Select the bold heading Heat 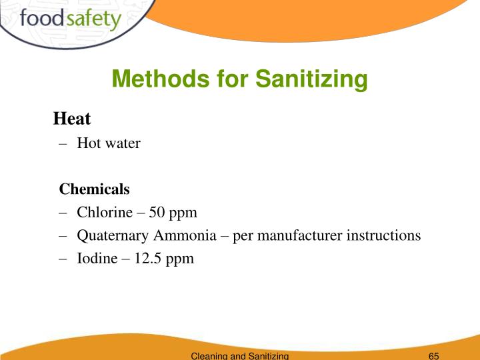click(71, 119)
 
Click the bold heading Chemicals click(95, 189)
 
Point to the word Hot click(88, 143)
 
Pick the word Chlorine click(102, 213)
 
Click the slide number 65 click(433, 355)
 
